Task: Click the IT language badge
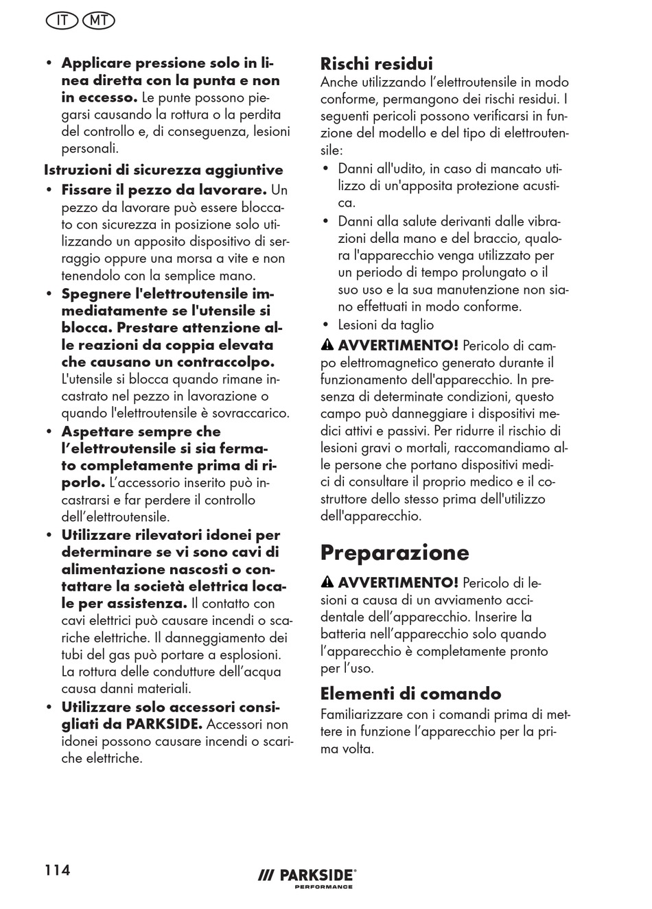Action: coord(62,21)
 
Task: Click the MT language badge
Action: coord(98,21)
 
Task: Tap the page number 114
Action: coord(58,870)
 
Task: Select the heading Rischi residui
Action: coord(376,64)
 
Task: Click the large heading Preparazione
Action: coord(395,552)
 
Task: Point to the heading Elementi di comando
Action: coord(410,693)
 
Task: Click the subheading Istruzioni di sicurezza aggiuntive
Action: coord(163,169)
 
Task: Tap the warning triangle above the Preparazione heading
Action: coord(327,345)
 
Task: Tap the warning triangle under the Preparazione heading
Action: coord(327,583)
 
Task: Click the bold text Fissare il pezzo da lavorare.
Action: coord(164,189)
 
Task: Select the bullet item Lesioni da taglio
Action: coord(386,324)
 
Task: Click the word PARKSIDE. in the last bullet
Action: coord(164,724)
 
